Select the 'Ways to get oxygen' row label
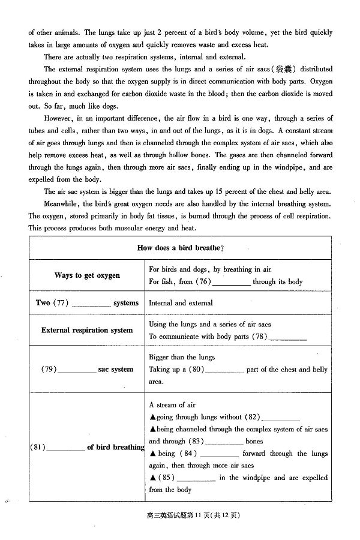click(x=87, y=275)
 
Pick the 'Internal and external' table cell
click(x=181, y=303)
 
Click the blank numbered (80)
click(x=224, y=371)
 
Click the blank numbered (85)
click(x=197, y=479)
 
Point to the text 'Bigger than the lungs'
click(x=182, y=357)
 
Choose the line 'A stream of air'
click(x=172, y=405)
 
